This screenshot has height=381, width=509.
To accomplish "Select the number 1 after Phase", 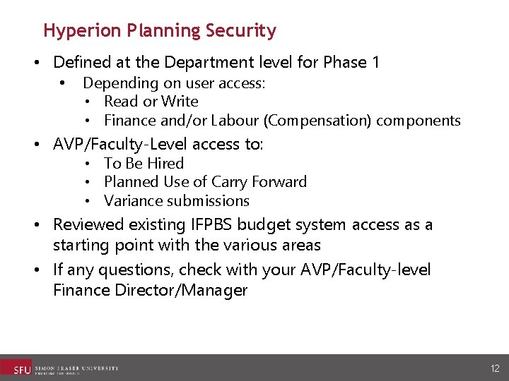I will coord(374,62).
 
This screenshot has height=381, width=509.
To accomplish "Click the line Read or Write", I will coord(151,102).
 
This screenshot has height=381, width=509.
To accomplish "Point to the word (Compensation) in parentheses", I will coord(317,121).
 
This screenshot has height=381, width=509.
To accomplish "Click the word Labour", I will coord(237,121).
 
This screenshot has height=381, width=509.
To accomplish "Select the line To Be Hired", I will coord(144,163).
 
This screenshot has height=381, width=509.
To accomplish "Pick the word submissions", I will coord(206,201).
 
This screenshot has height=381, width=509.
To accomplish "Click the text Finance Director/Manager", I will coord(150,291).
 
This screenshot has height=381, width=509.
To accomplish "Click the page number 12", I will coord(495,368).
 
